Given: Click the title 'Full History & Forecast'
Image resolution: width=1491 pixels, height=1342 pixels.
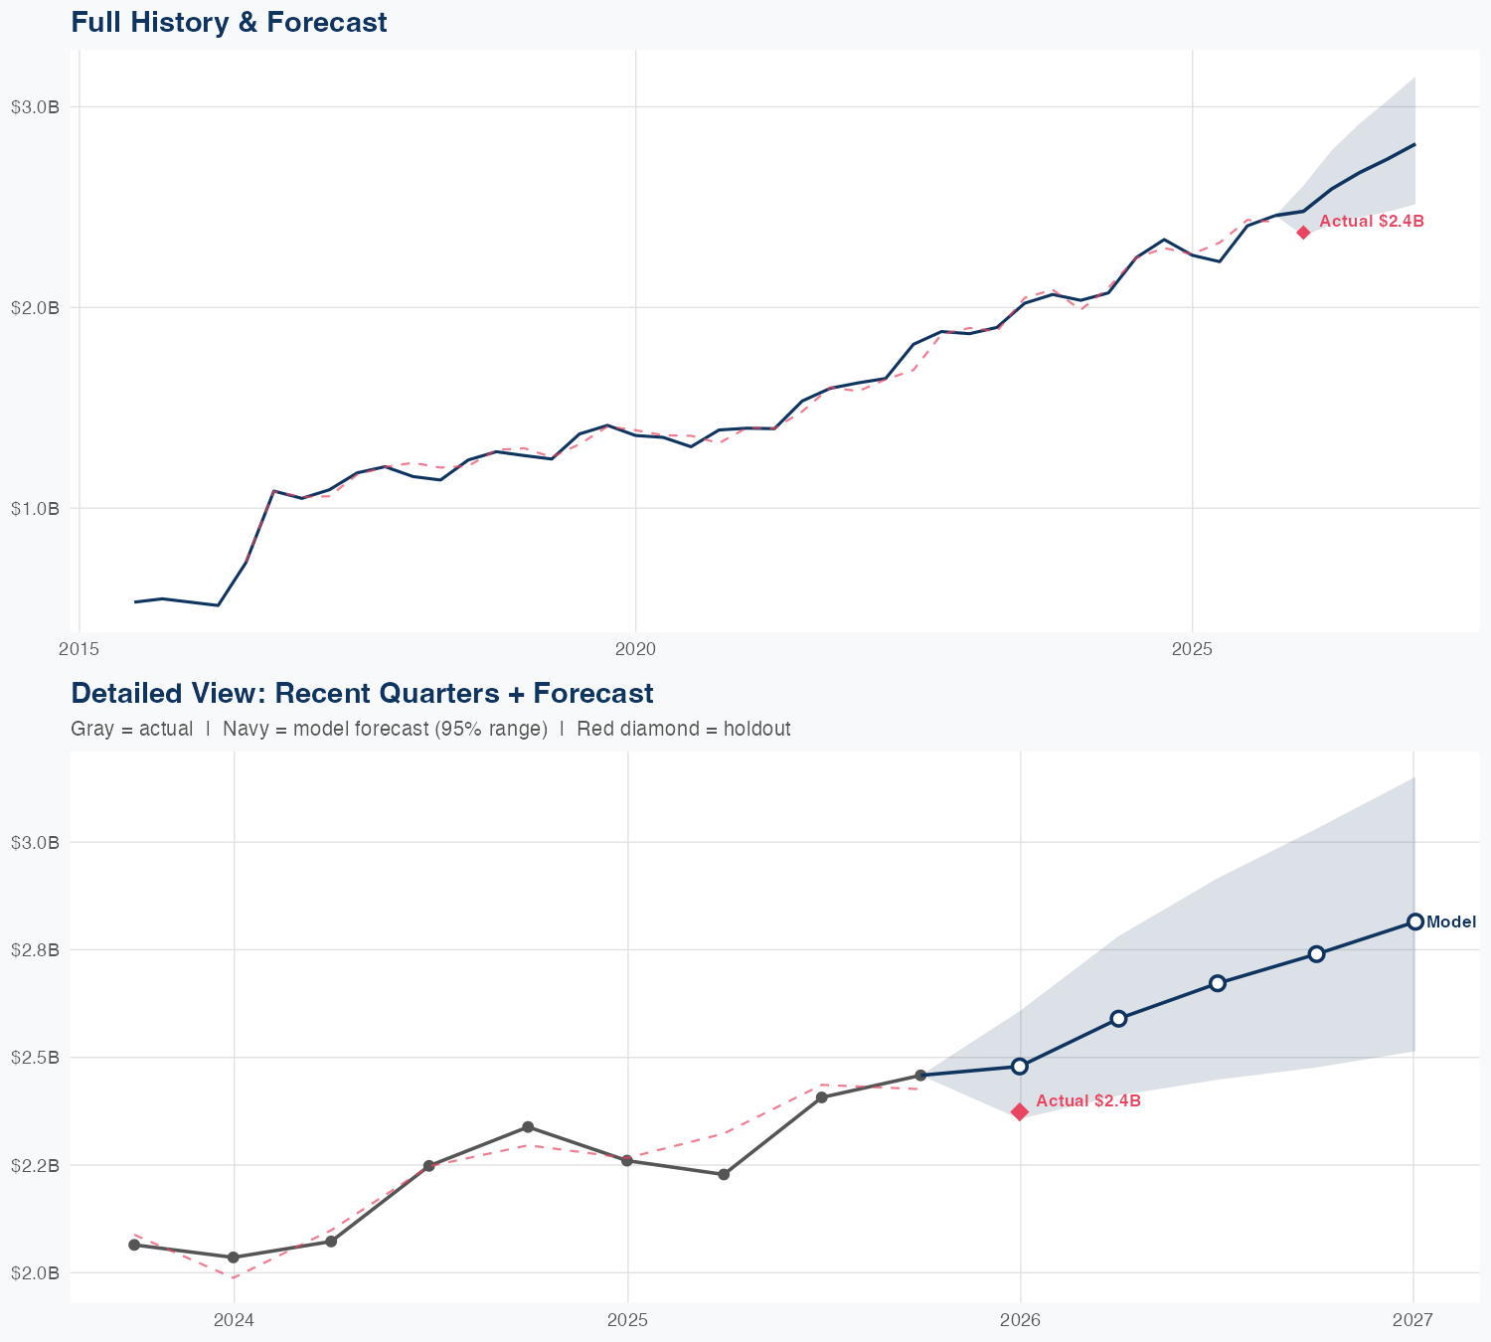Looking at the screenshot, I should coord(229,23).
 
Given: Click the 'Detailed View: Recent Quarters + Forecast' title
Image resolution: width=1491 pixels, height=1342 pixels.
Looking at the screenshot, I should coord(362,693).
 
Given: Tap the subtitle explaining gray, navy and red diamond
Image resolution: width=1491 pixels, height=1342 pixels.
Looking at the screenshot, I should coord(430,729).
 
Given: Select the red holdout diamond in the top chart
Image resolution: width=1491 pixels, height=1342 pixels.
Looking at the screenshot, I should coord(1303,233).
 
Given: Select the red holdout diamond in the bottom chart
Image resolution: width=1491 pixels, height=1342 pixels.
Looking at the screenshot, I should coord(1020,1111).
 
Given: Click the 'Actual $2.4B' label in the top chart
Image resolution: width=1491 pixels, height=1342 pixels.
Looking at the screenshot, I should coord(1371,222).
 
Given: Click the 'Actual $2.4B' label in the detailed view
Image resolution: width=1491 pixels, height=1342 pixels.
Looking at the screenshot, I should coord(1087,1101).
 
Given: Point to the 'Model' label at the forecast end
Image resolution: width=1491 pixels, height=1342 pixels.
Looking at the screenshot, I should coord(1451,923).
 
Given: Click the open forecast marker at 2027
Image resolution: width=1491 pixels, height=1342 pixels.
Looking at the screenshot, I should coord(1415,922).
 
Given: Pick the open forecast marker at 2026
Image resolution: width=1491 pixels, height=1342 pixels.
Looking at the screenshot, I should coord(1020,1067).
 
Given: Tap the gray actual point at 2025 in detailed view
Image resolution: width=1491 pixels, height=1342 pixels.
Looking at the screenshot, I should coord(627,1161).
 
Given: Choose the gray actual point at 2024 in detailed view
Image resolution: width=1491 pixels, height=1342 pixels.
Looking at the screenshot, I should coord(233,1258).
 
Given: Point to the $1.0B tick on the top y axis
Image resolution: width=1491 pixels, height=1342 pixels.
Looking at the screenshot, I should coord(35,509).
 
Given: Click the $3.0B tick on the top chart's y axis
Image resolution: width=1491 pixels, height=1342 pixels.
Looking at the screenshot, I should coord(35,107).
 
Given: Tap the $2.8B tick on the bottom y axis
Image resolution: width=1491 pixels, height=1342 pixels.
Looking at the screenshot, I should coord(35,950).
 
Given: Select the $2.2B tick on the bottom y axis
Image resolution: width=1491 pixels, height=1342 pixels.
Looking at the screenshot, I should coord(35,1165).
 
